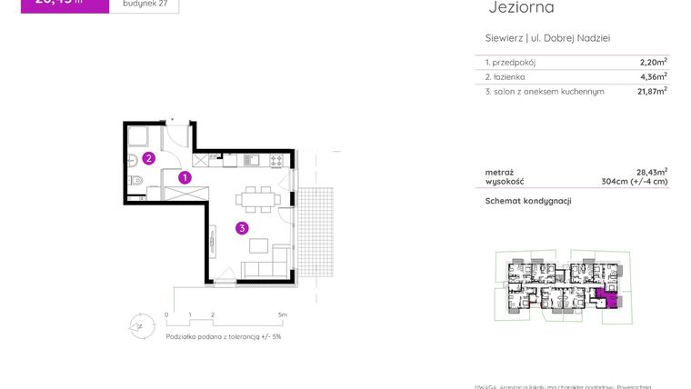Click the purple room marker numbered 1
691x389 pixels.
click(x=185, y=178)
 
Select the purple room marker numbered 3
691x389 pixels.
click(x=242, y=228)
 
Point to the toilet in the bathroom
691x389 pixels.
click(x=135, y=182)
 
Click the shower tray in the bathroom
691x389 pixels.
click(x=140, y=137)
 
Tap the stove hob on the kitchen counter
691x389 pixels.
click(x=275, y=161)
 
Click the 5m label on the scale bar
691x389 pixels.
click(x=283, y=315)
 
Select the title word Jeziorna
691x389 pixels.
click(x=521, y=8)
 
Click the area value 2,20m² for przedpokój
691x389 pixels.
click(x=653, y=63)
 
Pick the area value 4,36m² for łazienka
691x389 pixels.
click(x=653, y=77)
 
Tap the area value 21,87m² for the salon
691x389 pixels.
click(x=651, y=91)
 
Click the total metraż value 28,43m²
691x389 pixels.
click(x=651, y=171)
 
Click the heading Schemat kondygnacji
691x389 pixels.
click(x=527, y=201)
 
